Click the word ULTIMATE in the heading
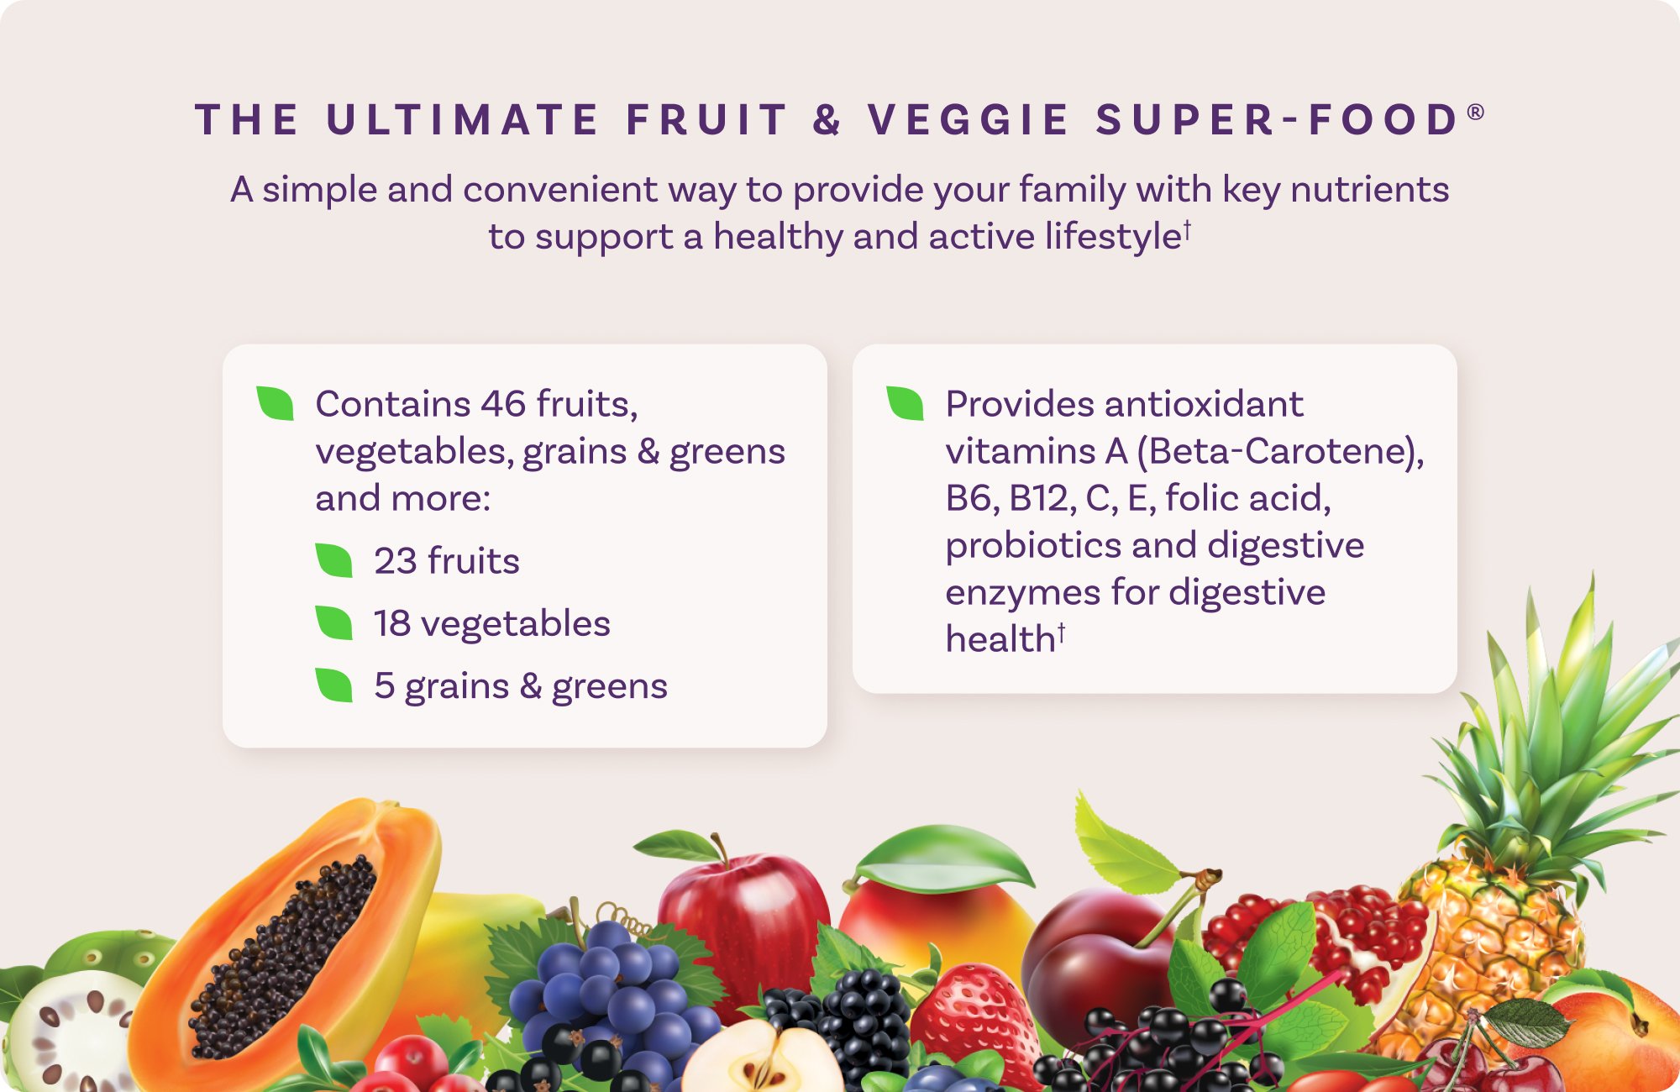pyautogui.click(x=462, y=119)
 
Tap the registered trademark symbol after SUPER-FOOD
pyautogui.click(x=1476, y=112)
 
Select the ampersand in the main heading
pyautogui.click(x=827, y=119)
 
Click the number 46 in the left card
pyautogui.click(x=503, y=404)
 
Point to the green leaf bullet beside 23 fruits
pyautogui.click(x=333, y=560)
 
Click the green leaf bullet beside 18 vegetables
pyautogui.click(x=333, y=622)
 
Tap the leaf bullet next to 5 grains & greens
pyautogui.click(x=333, y=685)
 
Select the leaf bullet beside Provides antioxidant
pyautogui.click(x=905, y=403)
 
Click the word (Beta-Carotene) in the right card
pyautogui.click(x=1280, y=452)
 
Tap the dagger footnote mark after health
pyautogui.click(x=1062, y=632)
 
